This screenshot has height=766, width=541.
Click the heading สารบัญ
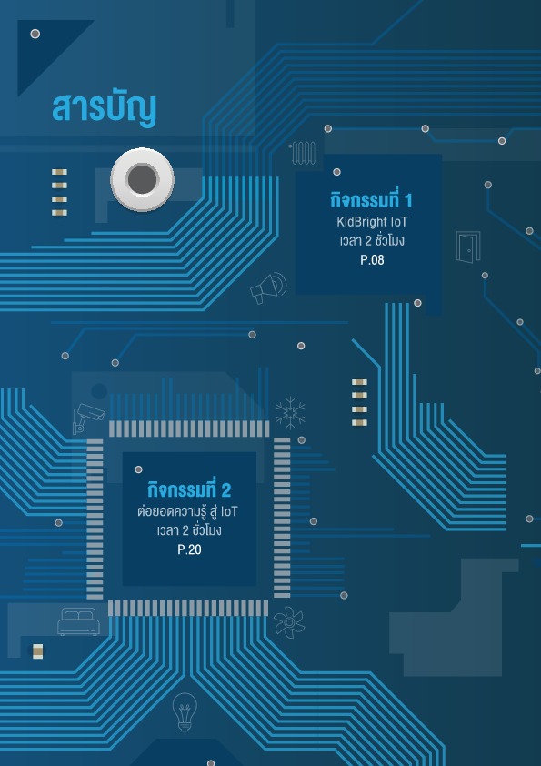coord(104,108)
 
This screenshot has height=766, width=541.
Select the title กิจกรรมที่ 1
coord(371,200)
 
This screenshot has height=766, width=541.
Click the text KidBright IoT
coord(372,222)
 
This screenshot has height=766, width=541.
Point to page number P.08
coord(372,260)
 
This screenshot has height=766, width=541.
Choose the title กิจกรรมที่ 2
coord(189,489)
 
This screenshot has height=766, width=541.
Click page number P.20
coord(189,549)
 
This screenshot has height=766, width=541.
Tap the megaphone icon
coord(268,287)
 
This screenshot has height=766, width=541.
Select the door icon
coord(468,247)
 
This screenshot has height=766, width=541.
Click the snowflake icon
coord(290,413)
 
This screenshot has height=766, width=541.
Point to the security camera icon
coord(88,418)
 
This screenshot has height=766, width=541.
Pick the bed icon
coord(78,621)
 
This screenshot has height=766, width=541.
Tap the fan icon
coord(289,622)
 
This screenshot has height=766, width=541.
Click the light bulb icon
coord(185,711)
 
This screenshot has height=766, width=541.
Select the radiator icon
coord(303,153)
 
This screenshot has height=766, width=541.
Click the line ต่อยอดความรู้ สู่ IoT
coord(187,511)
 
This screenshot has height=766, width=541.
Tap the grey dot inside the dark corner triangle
coord(35,34)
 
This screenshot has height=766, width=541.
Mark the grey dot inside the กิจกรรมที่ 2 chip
coord(139,469)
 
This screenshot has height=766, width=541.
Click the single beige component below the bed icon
coord(37,651)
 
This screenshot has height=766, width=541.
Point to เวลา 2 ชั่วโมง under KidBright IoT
coord(372,240)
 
